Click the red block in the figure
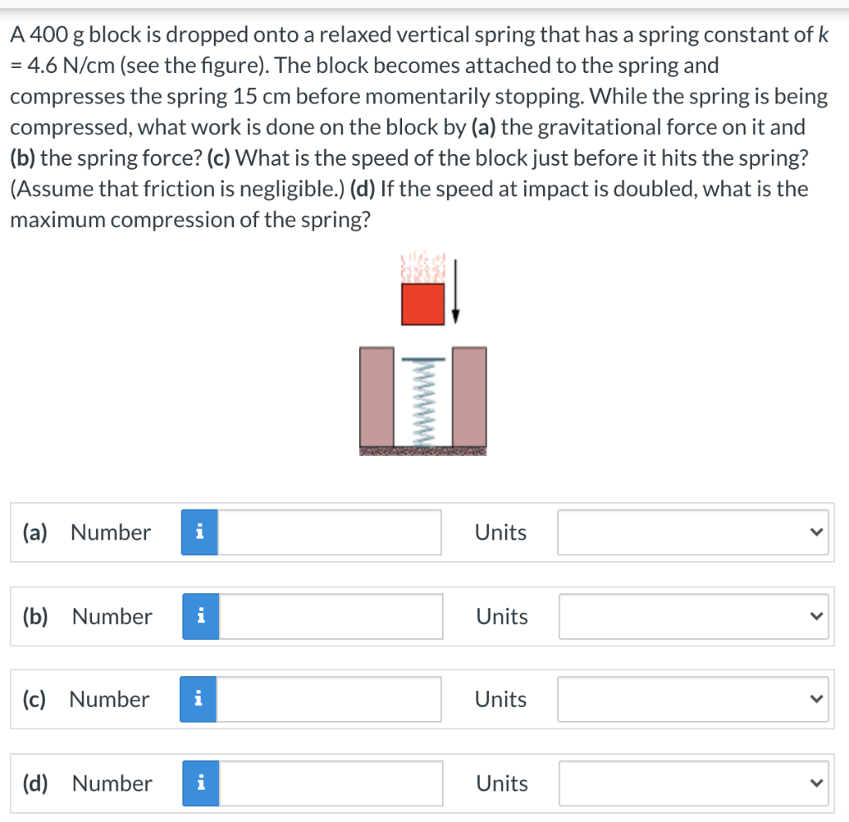click(423, 304)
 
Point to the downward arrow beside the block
click(455, 291)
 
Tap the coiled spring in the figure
click(423, 404)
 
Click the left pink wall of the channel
click(377, 397)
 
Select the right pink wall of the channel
click(469, 397)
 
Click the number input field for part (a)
click(329, 532)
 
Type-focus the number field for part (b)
click(331, 616)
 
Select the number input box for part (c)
click(328, 699)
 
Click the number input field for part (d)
click(331, 783)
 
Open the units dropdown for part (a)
click(693, 532)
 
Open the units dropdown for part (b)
click(694, 616)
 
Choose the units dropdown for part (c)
click(693, 699)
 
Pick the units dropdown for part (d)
click(694, 783)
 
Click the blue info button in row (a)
click(199, 532)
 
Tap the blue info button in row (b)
click(201, 616)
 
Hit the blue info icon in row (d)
click(201, 783)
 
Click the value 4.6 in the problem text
click(42, 65)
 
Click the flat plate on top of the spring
click(424, 360)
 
